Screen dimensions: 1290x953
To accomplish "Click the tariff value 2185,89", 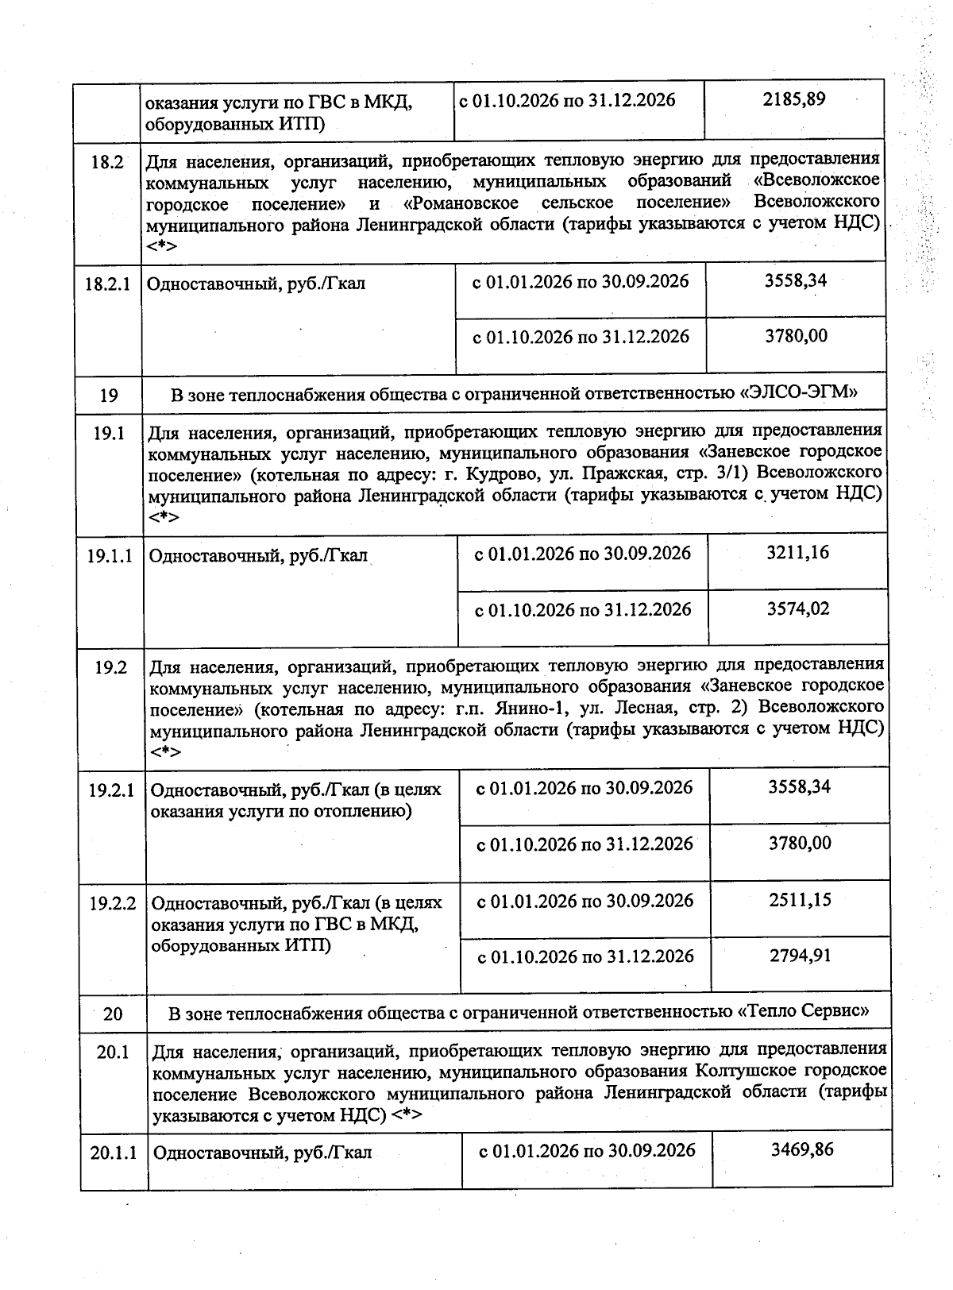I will pos(793,100).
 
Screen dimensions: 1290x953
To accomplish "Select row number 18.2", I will pos(107,162).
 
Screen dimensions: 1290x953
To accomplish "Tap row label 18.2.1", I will pos(107,284).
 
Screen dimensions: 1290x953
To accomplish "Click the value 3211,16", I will pos(797,553).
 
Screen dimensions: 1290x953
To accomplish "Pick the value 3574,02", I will pos(797,609).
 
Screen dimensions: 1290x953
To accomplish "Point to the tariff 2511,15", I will pos(800,900).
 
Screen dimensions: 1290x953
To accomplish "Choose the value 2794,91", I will pos(800,956).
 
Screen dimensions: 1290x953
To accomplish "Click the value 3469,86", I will pos(802,1149).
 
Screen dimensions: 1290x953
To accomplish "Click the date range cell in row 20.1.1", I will pos(587,1151).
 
